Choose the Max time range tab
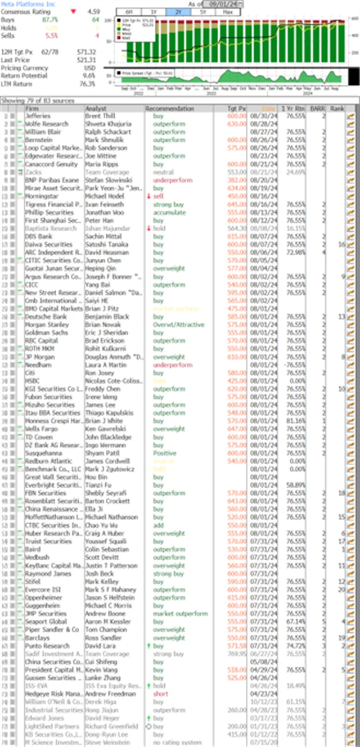click(x=228, y=12)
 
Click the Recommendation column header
click(x=169, y=109)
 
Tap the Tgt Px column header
click(x=239, y=109)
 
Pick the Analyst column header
click(x=95, y=109)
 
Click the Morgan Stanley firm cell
click(x=46, y=325)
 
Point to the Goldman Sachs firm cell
click(x=45, y=332)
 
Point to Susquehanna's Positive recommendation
click(x=164, y=453)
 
